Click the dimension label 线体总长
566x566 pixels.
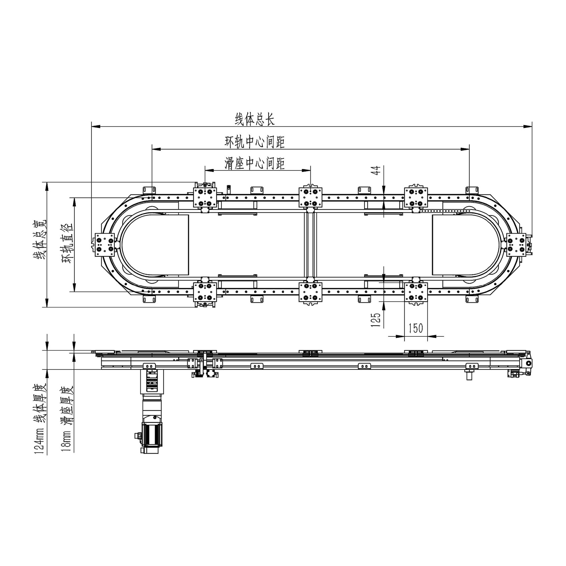[255, 119]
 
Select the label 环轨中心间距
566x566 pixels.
[255, 142]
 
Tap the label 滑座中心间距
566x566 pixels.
[255, 163]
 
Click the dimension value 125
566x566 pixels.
[376, 320]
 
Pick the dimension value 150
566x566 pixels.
[416, 328]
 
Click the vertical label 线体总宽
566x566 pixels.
[39, 239]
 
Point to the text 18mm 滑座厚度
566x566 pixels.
[67, 419]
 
